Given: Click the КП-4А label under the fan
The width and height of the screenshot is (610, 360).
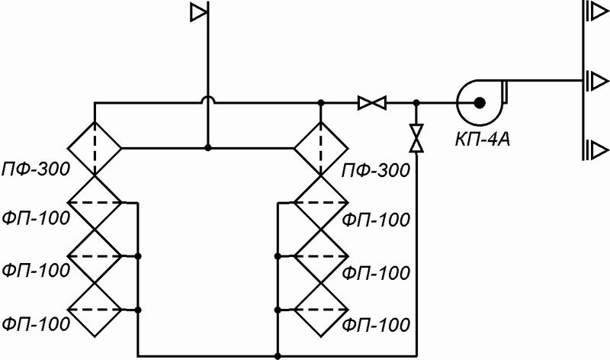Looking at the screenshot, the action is [x=483, y=139].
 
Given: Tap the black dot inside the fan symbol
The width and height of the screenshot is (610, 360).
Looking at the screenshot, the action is [x=480, y=103].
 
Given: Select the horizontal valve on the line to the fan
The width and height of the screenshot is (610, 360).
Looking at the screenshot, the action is [x=372, y=103].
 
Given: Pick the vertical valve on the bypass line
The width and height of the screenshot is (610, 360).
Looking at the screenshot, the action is [x=416, y=138].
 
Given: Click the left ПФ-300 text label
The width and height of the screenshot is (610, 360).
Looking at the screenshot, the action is [x=36, y=169].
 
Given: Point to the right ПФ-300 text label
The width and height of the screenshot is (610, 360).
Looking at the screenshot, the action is [x=376, y=170].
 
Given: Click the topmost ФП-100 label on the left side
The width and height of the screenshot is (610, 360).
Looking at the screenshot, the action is [x=36, y=218].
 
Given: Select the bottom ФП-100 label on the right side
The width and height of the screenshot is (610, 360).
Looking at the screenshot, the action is [x=376, y=325].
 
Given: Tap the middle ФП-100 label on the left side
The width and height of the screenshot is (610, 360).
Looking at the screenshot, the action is [x=36, y=270].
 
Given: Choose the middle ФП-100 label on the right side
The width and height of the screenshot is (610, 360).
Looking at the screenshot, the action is [x=376, y=272].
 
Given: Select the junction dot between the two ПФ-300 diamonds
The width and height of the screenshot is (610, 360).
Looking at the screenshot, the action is [x=208, y=148].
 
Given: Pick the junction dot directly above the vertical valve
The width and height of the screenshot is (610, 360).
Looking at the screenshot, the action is [x=416, y=103].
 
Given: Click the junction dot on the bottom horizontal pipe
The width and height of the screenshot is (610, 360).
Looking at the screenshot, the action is [x=278, y=356].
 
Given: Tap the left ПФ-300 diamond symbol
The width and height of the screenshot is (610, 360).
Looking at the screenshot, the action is [x=95, y=148].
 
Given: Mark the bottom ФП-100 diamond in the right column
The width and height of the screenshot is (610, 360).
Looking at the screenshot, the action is [x=321, y=310].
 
